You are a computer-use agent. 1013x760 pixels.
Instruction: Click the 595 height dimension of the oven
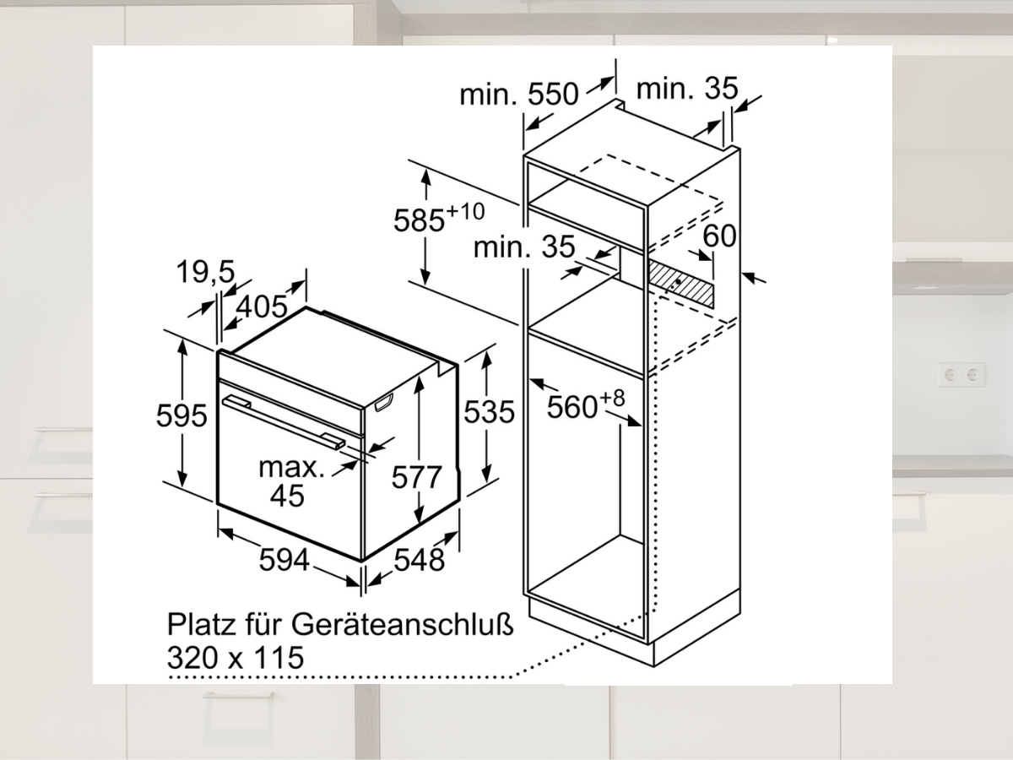tap(181, 415)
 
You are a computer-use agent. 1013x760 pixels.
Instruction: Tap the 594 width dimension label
tap(284, 559)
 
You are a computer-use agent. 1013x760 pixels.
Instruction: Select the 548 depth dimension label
tap(419, 560)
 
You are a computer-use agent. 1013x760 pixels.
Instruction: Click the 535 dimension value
tap(489, 411)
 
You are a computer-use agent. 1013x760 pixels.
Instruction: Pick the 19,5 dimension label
tap(206, 272)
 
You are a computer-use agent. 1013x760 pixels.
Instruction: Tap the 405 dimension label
tap(262, 306)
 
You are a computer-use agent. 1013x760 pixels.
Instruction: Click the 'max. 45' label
tap(290, 481)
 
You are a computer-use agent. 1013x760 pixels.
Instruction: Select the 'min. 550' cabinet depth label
tap(518, 95)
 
